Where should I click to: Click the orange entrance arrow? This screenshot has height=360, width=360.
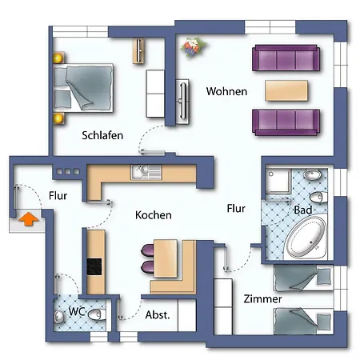click(x=29, y=219)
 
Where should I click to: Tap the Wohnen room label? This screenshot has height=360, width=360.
click(x=226, y=91)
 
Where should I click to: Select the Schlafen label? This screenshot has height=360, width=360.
click(x=102, y=135)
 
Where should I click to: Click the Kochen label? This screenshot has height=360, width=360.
click(x=154, y=215)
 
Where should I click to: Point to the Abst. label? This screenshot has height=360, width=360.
click(x=158, y=315)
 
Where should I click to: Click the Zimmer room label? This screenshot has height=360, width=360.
click(x=262, y=299)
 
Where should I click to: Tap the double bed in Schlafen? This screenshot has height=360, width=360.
click(x=83, y=88)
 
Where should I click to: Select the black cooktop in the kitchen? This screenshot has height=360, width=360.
click(x=94, y=266)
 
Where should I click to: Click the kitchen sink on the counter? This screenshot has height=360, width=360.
click(x=146, y=172)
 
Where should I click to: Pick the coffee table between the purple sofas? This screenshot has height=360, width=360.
click(x=286, y=90)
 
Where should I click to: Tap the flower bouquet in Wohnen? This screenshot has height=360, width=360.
click(x=193, y=47)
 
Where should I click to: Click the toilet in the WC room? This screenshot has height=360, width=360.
click(x=97, y=314)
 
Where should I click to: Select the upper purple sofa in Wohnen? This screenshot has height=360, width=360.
click(x=286, y=58)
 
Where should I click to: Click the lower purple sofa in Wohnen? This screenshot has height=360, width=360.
click(x=286, y=122)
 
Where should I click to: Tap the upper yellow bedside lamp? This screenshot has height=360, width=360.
click(x=58, y=58)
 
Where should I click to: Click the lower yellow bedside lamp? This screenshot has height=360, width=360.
click(x=58, y=118)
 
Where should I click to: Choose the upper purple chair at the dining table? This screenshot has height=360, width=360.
click(x=147, y=250)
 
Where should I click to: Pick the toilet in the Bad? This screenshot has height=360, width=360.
click(x=318, y=198)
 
